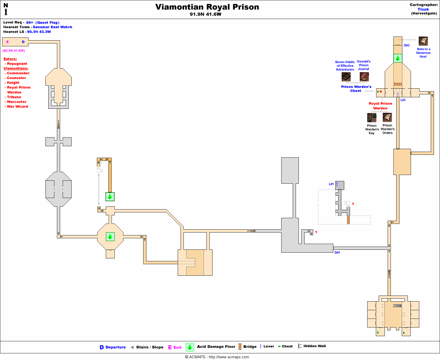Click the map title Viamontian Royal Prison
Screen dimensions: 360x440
point(207,7)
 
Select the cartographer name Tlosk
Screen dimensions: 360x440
point(423,9)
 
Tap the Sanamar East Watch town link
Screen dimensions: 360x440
point(52,27)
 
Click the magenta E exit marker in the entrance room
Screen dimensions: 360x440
point(7,42)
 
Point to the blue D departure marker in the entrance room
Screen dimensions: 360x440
point(23,42)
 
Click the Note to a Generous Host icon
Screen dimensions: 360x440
point(423,41)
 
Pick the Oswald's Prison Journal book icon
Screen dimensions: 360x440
point(364,77)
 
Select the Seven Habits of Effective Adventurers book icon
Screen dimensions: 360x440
point(346,77)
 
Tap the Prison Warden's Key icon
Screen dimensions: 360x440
point(372,118)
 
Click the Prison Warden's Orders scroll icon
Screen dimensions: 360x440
point(387,117)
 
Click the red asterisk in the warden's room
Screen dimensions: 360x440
point(381,92)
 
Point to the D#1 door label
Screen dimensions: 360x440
point(337,253)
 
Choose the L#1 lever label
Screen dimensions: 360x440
point(331,184)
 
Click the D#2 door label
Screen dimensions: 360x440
point(407,45)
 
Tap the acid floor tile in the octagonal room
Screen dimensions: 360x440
point(110,237)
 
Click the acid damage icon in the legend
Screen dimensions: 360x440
point(190,347)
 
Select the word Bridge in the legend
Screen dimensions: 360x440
point(250,347)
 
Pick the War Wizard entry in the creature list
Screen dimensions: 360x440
point(17,106)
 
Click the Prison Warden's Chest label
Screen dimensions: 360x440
point(356,89)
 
